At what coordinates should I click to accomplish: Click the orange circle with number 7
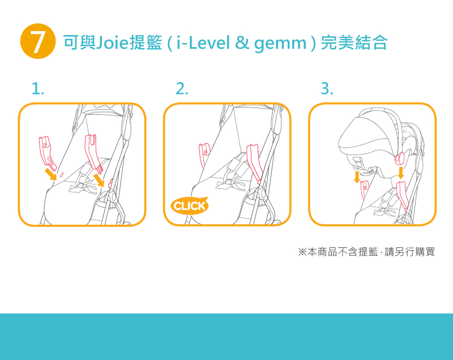pos(38,41)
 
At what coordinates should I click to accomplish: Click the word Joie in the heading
pos(112,42)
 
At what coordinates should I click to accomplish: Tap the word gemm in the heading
pos(280,44)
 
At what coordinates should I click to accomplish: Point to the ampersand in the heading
pos(242,42)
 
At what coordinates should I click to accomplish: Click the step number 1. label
pos(38,88)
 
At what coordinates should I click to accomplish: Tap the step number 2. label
pos(182,88)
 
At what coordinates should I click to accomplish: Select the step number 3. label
pos(327,88)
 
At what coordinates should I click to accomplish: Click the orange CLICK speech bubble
pos(190,205)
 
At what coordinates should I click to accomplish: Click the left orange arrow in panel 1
pos(51,175)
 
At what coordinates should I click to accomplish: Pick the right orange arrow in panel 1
pos(99,180)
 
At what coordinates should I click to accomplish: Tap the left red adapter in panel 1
pos(47,153)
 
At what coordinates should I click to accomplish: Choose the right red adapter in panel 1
pos(93,153)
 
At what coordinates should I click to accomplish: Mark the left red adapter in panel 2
pos(204,155)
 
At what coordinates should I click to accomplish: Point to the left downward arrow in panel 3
pos(357,177)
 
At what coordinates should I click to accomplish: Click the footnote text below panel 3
pos(366,252)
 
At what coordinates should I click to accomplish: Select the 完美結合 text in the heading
pos(354,42)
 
